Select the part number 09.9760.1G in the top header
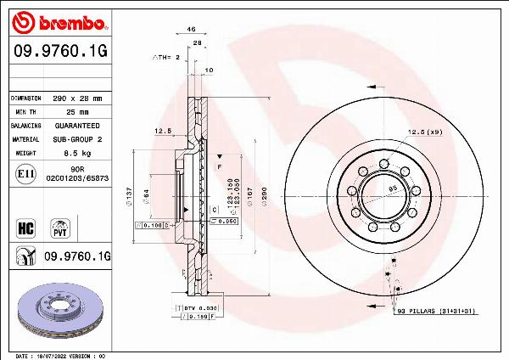click(x=57, y=51)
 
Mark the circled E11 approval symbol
click(x=25, y=173)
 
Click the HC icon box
click(x=25, y=227)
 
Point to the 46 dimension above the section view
click(x=191, y=30)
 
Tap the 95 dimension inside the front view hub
click(x=393, y=188)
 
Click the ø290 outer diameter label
click(x=264, y=198)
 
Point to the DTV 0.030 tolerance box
click(x=203, y=307)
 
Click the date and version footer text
click(x=59, y=355)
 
